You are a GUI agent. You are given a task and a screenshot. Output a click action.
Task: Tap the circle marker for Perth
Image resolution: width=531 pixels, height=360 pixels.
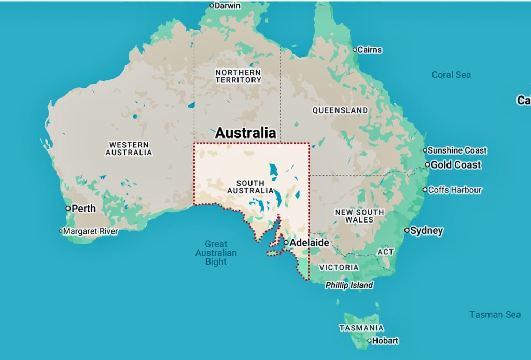(x=68, y=208)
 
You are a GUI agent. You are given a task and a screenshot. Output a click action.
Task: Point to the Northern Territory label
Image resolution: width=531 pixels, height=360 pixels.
(x=239, y=76)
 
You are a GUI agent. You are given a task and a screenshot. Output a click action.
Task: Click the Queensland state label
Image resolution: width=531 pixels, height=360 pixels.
(x=340, y=110)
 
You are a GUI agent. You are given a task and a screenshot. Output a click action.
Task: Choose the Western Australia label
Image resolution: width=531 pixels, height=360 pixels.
(x=129, y=148)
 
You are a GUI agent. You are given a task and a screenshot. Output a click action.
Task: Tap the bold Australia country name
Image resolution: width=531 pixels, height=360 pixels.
(x=245, y=133)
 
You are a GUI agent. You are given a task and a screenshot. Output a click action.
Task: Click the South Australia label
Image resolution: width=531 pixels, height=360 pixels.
(x=250, y=187)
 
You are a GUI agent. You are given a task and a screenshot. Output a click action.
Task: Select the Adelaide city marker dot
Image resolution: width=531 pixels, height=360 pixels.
(x=286, y=242)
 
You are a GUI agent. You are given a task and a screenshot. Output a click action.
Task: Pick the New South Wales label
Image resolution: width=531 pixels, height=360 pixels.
(x=359, y=216)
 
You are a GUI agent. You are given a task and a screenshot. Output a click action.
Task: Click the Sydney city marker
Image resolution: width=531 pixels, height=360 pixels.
(x=407, y=230)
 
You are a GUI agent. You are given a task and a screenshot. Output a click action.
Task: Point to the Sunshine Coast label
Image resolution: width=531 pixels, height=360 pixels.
(x=457, y=150)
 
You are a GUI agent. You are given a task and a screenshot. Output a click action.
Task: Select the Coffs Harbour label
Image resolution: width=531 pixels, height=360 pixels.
(x=455, y=190)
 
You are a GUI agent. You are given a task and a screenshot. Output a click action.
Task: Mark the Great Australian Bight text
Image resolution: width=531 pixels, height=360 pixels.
(x=216, y=253)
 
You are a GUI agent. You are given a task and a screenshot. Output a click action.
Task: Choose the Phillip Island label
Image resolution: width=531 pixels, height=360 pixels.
(x=349, y=285)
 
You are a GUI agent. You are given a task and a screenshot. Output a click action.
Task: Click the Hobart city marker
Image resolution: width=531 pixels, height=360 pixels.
(x=370, y=341)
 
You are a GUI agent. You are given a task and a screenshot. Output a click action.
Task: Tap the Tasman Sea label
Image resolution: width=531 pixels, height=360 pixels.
(x=495, y=314)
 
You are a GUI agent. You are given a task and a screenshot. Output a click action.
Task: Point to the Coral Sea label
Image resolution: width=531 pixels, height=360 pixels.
(x=451, y=75)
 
